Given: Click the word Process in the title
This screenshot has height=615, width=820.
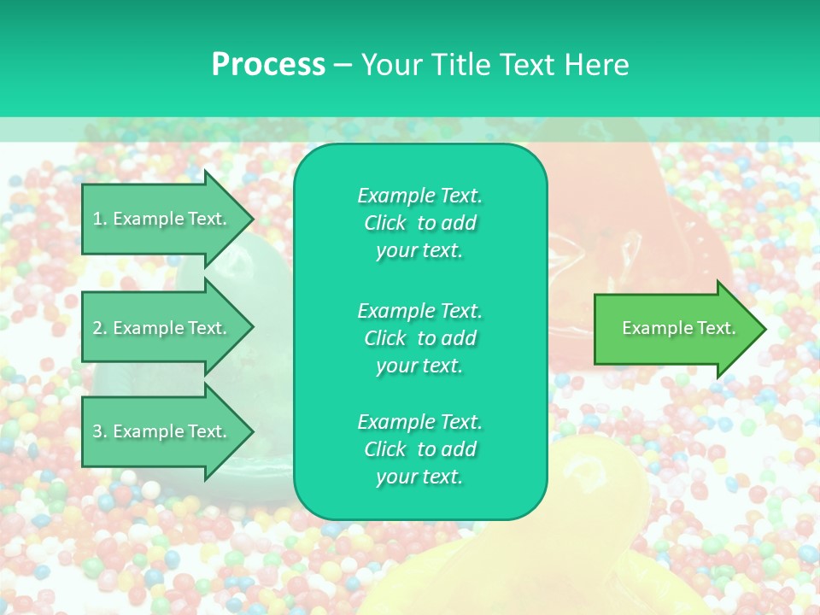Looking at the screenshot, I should [x=268, y=65].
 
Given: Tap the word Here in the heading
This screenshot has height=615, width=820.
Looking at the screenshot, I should [x=595, y=65].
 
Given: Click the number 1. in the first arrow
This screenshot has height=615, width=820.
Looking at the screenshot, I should [x=100, y=219].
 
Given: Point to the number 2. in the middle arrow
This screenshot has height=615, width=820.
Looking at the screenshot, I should [x=100, y=328].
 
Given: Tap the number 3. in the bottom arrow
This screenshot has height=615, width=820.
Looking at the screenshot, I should [x=100, y=431].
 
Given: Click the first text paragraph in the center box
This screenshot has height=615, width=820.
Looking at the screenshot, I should [x=419, y=223].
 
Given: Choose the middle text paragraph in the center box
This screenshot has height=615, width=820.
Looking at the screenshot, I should [x=419, y=337].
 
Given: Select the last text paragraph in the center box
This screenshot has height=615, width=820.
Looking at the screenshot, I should [x=419, y=449].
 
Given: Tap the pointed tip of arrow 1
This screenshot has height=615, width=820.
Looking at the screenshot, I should [x=251, y=220].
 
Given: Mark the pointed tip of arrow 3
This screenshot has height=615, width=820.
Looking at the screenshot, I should [x=251, y=432].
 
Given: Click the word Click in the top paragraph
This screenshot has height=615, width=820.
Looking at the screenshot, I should [x=384, y=223].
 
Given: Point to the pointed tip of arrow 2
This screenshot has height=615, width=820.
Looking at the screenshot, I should [x=251, y=328].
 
